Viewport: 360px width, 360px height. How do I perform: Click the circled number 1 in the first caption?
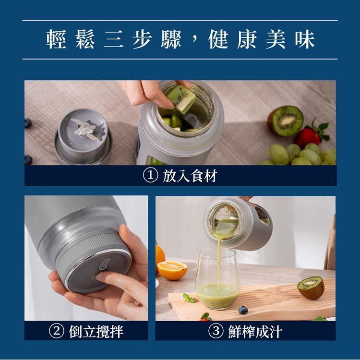[150, 176]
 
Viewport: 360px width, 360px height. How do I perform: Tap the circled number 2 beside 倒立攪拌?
[57, 331]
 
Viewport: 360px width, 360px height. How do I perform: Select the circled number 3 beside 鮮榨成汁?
[216, 331]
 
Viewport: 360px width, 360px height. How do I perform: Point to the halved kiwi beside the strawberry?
[286, 120]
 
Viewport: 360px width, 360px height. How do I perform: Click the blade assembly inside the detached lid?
[85, 129]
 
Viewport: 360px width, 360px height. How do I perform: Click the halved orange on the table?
[172, 270]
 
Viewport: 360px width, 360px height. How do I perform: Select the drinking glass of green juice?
[217, 279]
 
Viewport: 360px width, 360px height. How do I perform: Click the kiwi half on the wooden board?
[311, 288]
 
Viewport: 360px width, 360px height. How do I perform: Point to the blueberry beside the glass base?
[243, 310]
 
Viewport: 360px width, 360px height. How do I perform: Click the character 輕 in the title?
[56, 39]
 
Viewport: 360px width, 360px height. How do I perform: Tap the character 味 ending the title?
[305, 39]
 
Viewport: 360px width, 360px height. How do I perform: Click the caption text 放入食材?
[190, 176]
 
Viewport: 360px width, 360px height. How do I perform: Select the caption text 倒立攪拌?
[96, 332]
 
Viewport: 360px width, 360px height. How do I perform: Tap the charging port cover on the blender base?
[105, 264]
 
